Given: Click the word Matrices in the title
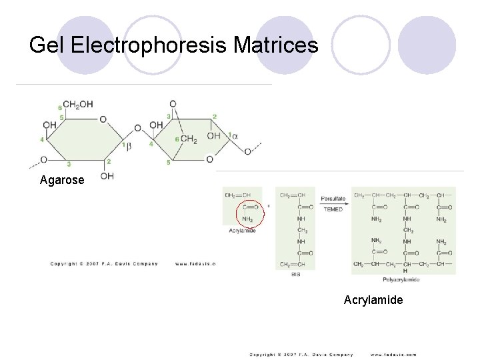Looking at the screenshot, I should (276, 45).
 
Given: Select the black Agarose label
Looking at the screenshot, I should (62, 180).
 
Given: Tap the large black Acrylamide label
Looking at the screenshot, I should (373, 300).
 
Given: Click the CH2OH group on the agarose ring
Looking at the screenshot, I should (78, 105).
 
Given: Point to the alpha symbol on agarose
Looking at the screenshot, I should (235, 136).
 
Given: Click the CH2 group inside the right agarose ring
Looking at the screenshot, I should (189, 139).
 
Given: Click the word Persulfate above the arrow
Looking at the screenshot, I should (333, 198).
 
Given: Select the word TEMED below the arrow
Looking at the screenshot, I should (333, 209).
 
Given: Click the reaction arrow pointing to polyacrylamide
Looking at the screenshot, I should (333, 203).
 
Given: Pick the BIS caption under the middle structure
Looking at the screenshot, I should (296, 274).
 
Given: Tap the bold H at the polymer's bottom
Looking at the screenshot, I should (405, 271).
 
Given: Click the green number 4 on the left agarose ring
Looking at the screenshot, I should (42, 140).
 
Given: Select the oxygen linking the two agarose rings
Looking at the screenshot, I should (137, 128).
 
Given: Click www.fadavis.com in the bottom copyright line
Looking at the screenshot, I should (393, 354).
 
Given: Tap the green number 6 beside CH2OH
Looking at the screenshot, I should (61, 107).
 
